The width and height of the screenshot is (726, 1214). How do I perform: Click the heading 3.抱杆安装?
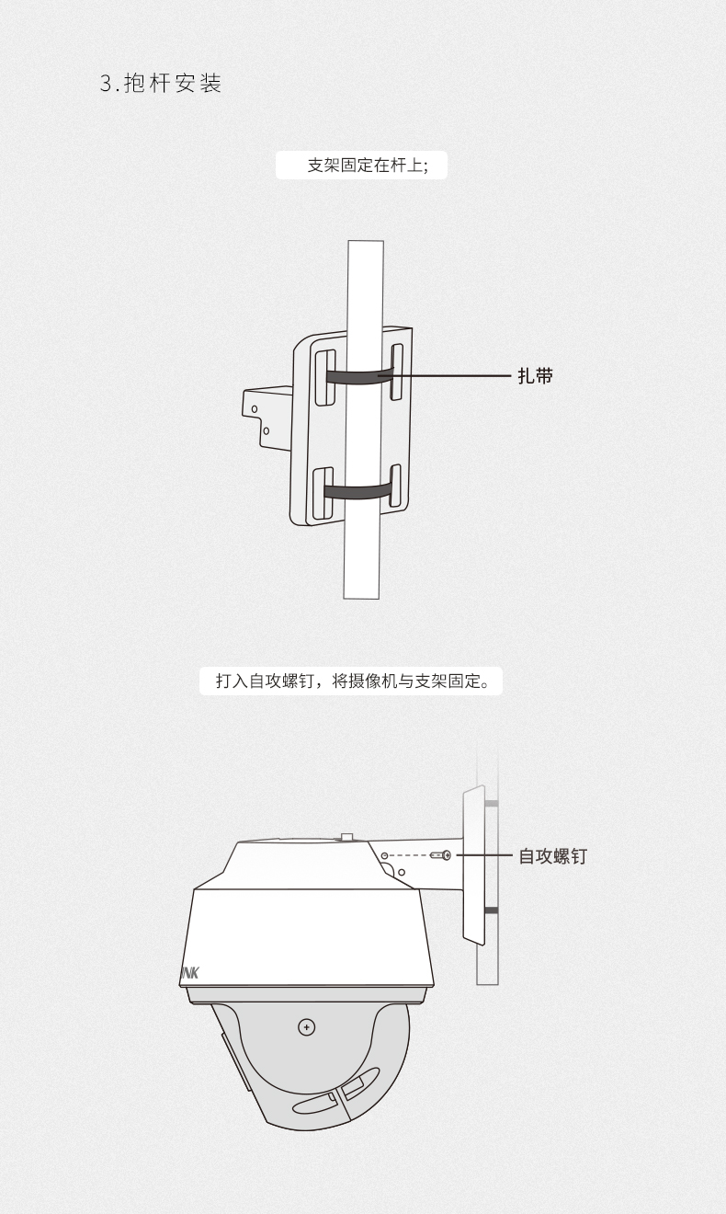(161, 84)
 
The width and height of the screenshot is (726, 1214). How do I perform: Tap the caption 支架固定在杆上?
(368, 166)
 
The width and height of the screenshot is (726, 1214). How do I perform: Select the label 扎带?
(535, 375)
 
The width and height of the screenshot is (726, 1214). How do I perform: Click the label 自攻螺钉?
(552, 855)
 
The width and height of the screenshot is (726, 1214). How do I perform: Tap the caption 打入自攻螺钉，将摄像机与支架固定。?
(352, 681)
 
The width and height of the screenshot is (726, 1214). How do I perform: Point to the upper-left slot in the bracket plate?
(324, 377)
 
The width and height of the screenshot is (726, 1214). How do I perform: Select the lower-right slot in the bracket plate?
(396, 486)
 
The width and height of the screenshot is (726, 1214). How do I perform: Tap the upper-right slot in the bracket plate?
(397, 372)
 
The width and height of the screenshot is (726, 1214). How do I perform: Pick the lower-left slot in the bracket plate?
(323, 493)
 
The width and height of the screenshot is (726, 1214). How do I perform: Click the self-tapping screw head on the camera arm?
(441, 855)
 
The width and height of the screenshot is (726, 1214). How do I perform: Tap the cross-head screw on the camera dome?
(307, 1027)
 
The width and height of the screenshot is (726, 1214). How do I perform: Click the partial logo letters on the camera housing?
(189, 973)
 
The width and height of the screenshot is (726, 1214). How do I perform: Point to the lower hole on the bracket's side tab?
(266, 430)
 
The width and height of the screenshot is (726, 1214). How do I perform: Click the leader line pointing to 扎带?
(445, 374)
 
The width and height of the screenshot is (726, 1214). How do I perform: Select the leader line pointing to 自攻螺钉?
(484, 855)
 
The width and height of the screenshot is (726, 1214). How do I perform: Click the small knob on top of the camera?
(347, 837)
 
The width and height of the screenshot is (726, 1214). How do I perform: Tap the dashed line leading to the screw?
(410, 855)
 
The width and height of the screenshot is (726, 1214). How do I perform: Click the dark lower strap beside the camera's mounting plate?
(491, 910)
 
